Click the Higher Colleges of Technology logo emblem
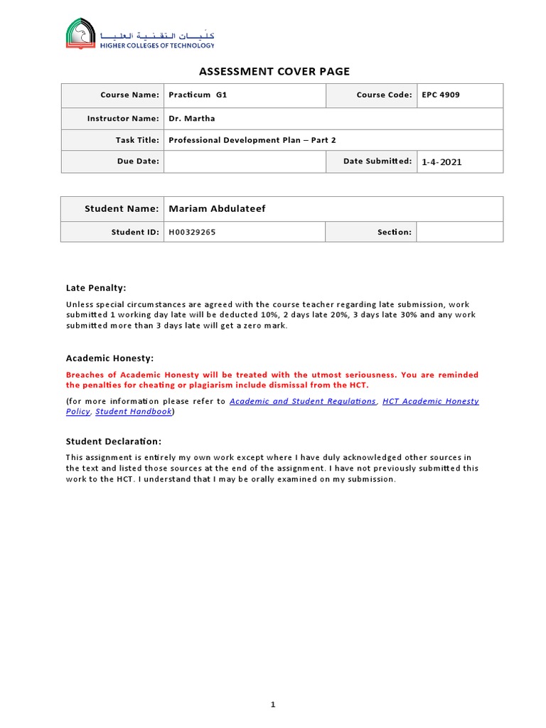[x=79, y=34]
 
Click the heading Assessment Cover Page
[x=274, y=71]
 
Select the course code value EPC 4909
[x=441, y=95]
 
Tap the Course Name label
[x=129, y=95]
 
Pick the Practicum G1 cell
[x=198, y=95]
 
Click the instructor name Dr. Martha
[x=192, y=118]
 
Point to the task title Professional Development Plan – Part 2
[x=252, y=140]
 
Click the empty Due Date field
[x=244, y=161]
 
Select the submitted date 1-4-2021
[x=441, y=162]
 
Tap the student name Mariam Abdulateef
[x=218, y=209]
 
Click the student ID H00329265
[x=192, y=232]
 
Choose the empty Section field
[x=459, y=232]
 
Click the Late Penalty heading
[x=96, y=288]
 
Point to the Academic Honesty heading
[x=109, y=358]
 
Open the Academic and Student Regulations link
[x=303, y=401]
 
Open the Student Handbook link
[x=134, y=412]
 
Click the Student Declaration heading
[x=114, y=441]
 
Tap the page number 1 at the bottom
[x=273, y=705]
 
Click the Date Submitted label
[x=377, y=161]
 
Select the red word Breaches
[x=85, y=375]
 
